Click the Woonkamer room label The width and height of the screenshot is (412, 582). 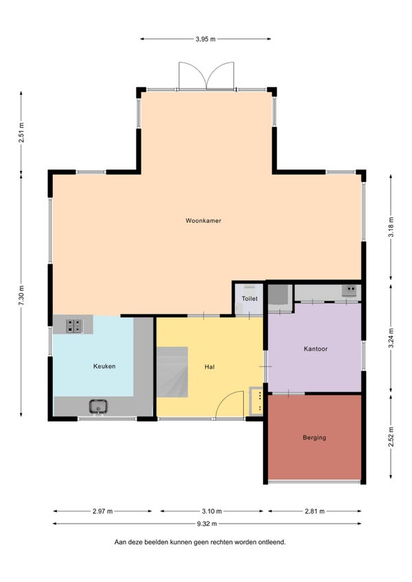coord(203,220)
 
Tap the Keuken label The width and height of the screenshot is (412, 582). coord(104,366)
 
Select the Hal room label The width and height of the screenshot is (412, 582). coord(209,366)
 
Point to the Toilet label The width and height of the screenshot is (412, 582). coord(249,299)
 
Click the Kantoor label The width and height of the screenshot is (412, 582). coord(315,349)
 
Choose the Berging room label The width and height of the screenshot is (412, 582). coord(314,438)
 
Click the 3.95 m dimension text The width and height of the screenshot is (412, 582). coord(205,39)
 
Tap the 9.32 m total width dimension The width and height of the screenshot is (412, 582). coord(207,524)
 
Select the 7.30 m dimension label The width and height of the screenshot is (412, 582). coord(21,295)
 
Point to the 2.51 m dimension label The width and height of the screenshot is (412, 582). coord(21,132)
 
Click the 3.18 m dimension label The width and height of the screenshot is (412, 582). coord(391,227)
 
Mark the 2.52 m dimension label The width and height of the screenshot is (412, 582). coord(391,437)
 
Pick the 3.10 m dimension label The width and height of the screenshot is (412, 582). coord(211,511)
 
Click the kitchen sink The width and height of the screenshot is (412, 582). coord(98,406)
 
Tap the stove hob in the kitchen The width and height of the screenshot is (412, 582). coord(74,326)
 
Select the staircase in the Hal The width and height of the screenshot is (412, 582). coord(172,372)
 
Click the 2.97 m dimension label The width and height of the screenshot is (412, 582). coord(102,511)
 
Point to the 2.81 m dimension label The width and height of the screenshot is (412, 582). coord(314,511)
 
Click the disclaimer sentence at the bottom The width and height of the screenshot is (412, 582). coord(200,542)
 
